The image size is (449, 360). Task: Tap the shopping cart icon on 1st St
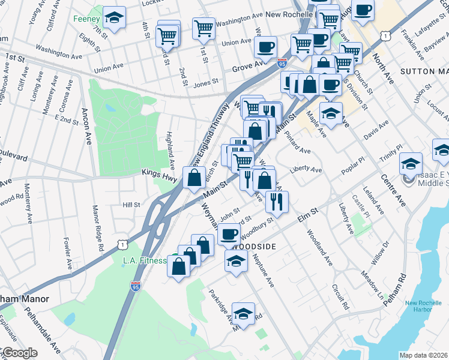pyautogui.click(x=204, y=27)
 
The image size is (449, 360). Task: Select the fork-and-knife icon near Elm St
pyautogui.click(x=276, y=201)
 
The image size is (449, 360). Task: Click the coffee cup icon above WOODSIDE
pyautogui.click(x=230, y=233)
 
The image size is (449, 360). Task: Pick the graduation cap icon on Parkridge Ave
pyautogui.click(x=243, y=313)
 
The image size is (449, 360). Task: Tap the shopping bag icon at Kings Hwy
pyautogui.click(x=194, y=177)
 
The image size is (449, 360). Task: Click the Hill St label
pyautogui.click(x=131, y=205)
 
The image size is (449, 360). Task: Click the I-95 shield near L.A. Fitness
pyautogui.click(x=136, y=286)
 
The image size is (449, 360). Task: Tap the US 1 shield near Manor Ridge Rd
pyautogui.click(x=123, y=244)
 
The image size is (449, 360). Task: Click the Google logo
pyautogui.click(x=19, y=353)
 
